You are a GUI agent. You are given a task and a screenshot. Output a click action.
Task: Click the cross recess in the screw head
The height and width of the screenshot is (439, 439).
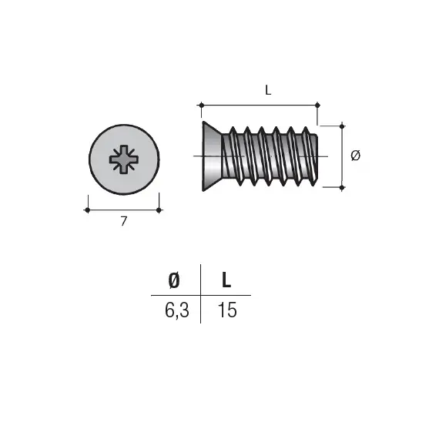(x=124, y=159)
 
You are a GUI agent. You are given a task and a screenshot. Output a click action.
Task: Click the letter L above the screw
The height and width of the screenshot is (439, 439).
(x=268, y=90)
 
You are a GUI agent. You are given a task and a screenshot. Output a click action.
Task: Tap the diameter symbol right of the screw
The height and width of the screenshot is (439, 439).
(x=356, y=156)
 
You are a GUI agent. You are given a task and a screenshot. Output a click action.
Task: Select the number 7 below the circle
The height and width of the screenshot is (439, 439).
(x=124, y=221)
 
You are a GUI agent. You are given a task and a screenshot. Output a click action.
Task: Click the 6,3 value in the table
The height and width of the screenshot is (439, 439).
(x=177, y=310)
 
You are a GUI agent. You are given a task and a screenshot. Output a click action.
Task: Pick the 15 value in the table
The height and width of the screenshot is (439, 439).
(x=227, y=310)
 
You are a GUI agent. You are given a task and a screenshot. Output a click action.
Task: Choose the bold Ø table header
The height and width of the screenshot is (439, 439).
(x=174, y=280)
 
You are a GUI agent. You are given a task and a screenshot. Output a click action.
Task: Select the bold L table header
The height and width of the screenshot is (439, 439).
(x=226, y=280)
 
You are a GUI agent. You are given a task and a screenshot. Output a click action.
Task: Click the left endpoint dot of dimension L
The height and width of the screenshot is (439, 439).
(x=201, y=106)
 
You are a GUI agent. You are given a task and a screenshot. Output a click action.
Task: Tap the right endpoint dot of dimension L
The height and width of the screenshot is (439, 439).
(x=317, y=106)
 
